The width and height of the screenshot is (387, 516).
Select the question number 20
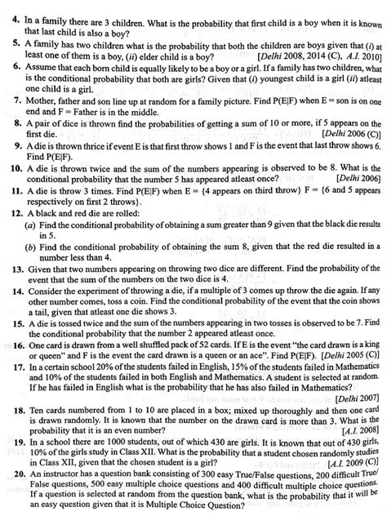pyautogui.click(x=9, y=474)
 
